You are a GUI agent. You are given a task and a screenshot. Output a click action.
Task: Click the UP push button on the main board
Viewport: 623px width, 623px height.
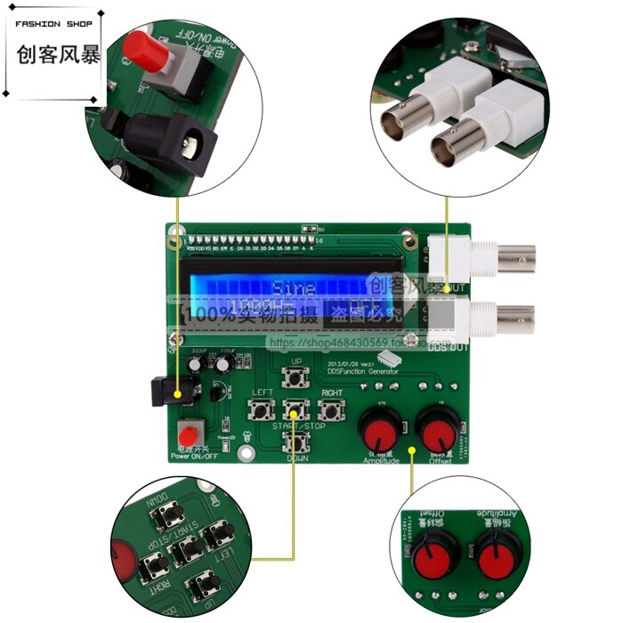pos(296,378)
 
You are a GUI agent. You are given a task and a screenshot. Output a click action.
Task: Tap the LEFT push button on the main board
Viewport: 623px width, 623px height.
pos(263,410)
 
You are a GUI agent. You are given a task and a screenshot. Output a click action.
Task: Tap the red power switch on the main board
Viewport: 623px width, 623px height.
pos(188,435)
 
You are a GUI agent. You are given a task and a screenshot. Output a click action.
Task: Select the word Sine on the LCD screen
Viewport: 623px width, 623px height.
pos(294,289)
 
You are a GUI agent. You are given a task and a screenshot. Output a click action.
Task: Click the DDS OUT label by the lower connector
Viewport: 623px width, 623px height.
pos(442,347)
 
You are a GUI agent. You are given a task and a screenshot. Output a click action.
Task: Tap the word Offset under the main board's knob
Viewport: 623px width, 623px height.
pos(440,462)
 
